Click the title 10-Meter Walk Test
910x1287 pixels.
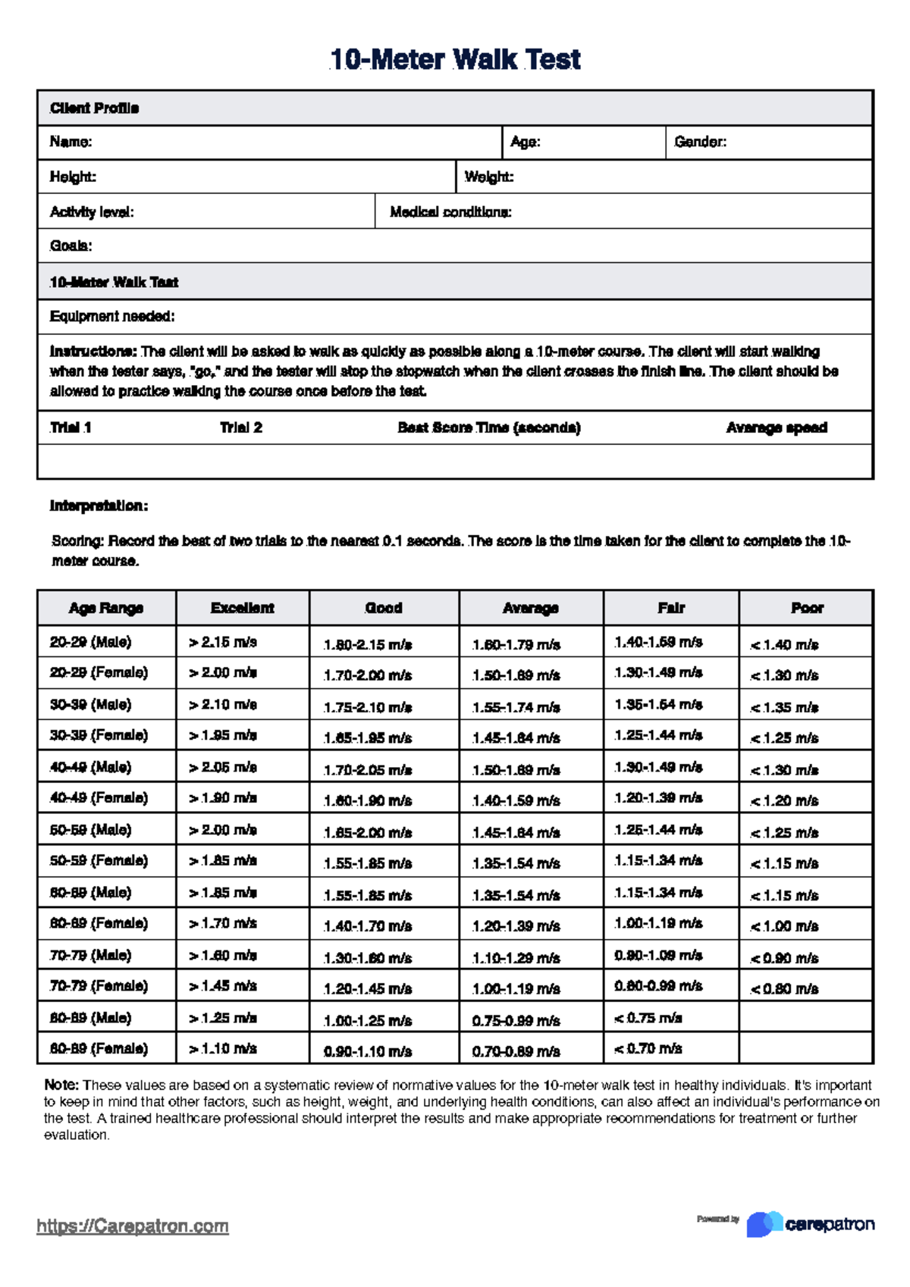pyautogui.click(x=455, y=59)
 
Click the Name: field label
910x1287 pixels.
pyautogui.click(x=71, y=142)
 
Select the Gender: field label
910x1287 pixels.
pyautogui.click(x=700, y=142)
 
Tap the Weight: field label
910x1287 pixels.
pyautogui.click(x=488, y=177)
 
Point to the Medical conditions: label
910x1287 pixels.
pyautogui.click(x=450, y=212)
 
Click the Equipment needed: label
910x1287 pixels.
pyautogui.click(x=112, y=316)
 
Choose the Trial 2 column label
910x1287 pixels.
pyautogui.click(x=241, y=427)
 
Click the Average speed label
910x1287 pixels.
pyautogui.click(x=776, y=427)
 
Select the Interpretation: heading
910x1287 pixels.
pyautogui.click(x=99, y=506)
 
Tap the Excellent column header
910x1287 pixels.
pyautogui.click(x=242, y=608)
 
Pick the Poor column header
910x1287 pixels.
pyautogui.click(x=806, y=608)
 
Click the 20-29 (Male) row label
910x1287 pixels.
pyautogui.click(x=90, y=642)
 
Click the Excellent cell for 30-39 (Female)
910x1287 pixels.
pyautogui.click(x=223, y=735)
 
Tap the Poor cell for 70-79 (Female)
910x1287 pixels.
pyautogui.click(x=784, y=988)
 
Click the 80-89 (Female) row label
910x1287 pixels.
pyautogui.click(x=99, y=1049)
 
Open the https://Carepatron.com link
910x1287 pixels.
pyautogui.click(x=133, y=1226)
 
